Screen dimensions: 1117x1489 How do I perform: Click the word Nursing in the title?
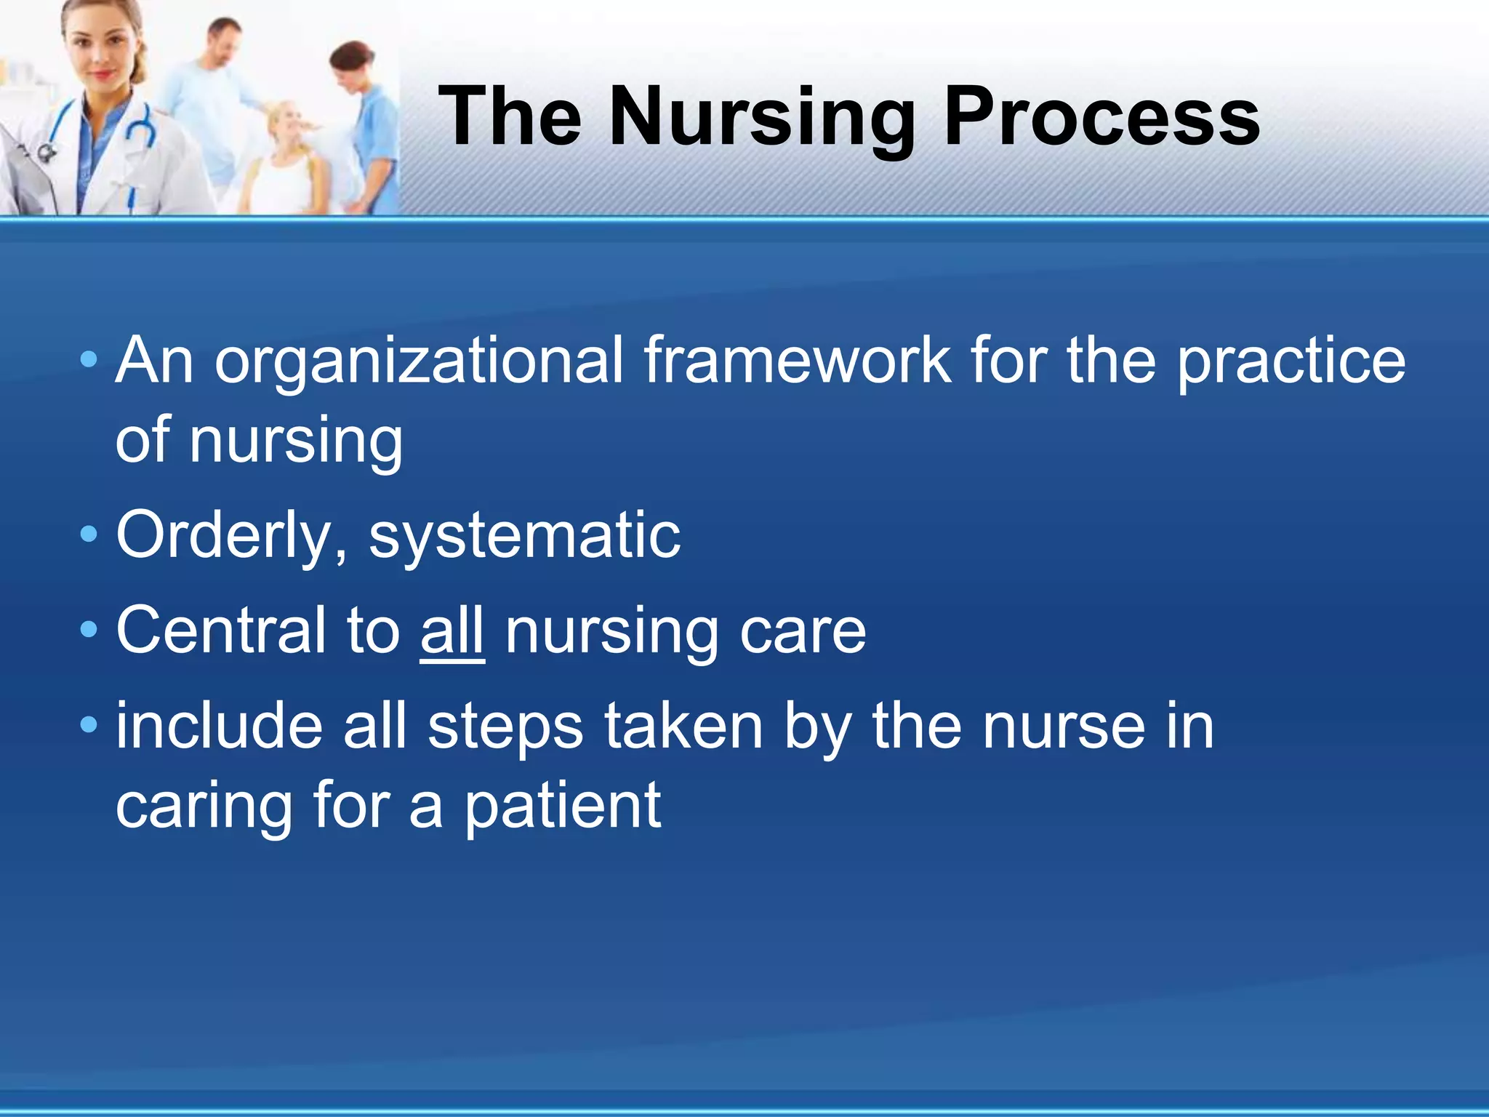[761, 116]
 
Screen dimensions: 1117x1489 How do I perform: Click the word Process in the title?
[1101, 116]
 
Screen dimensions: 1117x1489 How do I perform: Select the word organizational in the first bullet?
[418, 361]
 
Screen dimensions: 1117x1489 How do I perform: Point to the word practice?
[1291, 361]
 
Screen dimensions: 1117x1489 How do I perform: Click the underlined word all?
[452, 631]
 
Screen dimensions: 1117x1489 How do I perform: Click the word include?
[219, 726]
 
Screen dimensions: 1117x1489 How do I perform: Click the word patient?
[562, 807]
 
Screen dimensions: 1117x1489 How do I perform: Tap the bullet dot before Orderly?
[89, 535]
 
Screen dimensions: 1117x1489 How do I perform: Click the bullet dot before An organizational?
[89, 359]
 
